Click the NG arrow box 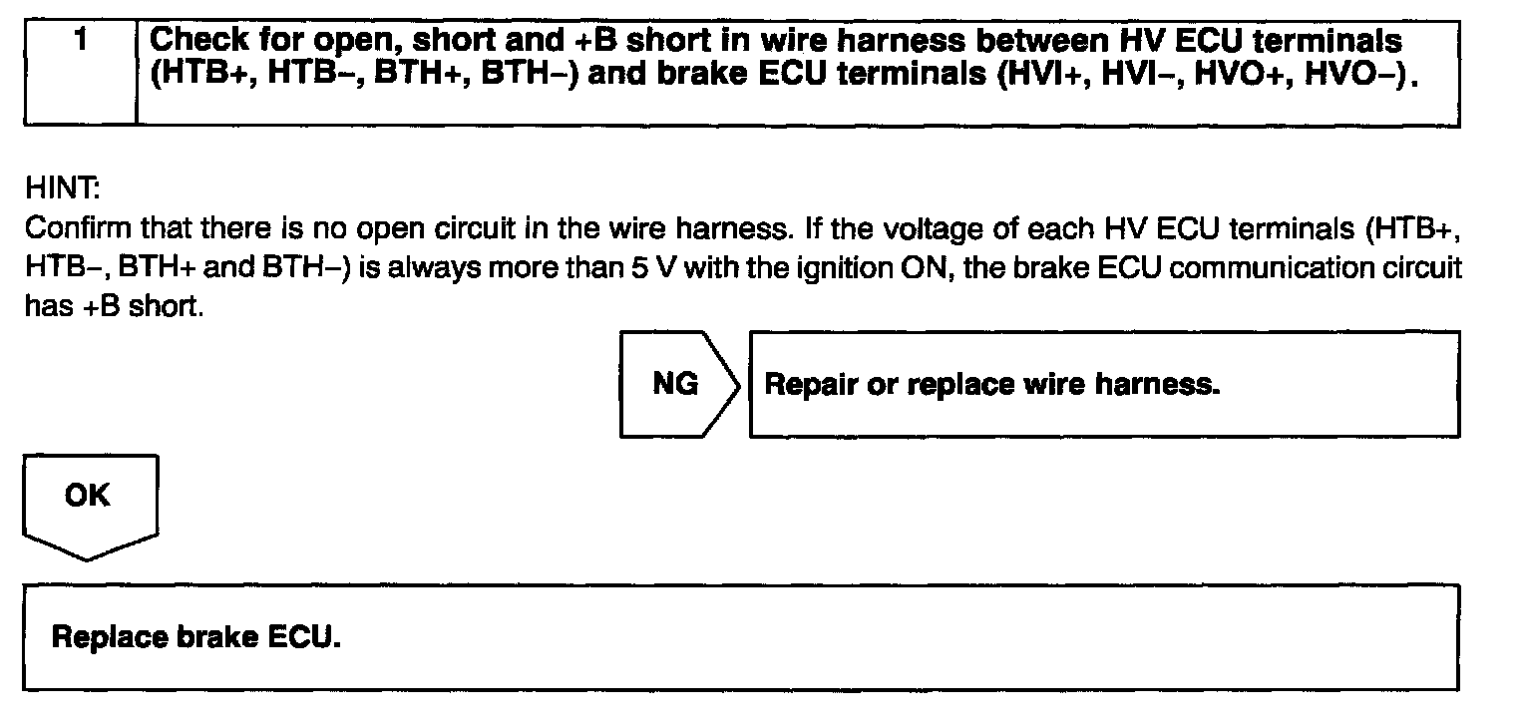coord(677,385)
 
